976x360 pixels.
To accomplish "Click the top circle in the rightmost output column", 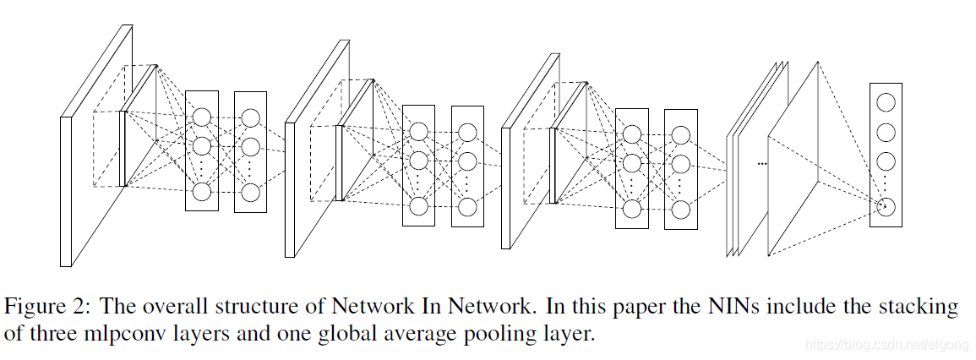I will (886, 103).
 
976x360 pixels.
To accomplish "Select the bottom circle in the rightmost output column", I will (886, 206).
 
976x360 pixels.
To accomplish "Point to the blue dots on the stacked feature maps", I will (761, 162).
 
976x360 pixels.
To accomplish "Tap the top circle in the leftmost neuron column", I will (201, 117).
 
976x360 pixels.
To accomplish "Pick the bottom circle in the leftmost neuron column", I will (201, 192).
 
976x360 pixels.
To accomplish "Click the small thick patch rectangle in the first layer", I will (123, 148).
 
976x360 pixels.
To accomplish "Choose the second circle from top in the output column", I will (886, 133).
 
